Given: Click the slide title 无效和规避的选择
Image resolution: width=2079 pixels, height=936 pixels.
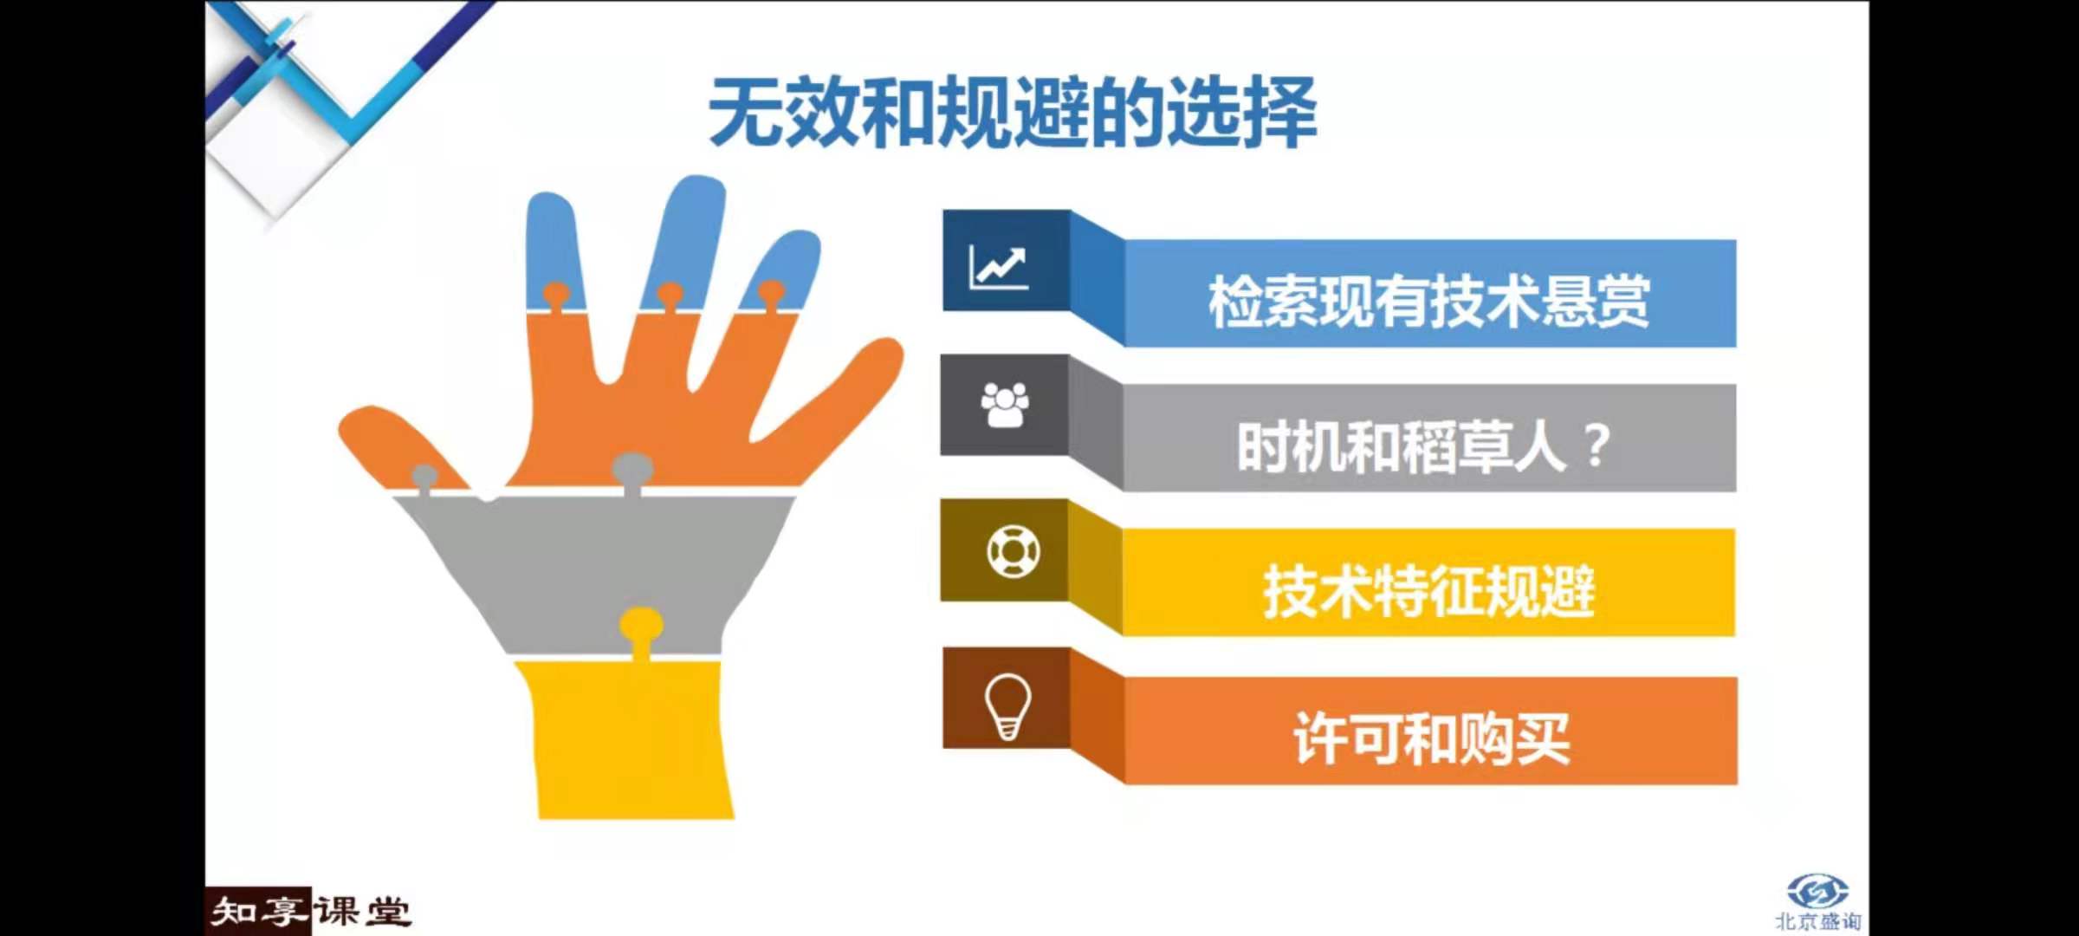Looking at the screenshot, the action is [1013, 114].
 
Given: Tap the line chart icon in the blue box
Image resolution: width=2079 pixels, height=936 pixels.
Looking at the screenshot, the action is [999, 266].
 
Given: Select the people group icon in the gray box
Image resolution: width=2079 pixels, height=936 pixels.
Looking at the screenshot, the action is [1005, 405].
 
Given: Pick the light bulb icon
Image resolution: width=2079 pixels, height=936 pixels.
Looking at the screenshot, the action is [1008, 706].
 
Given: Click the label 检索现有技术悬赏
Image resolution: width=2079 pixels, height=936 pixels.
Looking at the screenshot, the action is [1429, 302].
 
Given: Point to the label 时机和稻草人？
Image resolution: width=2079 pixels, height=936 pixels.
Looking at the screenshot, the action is [1424, 446].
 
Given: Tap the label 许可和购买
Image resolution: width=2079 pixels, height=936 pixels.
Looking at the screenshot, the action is [1431, 738].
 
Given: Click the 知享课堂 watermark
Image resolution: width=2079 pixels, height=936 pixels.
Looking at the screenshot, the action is [309, 912].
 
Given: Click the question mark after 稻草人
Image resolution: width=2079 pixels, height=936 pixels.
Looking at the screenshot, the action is [1596, 447].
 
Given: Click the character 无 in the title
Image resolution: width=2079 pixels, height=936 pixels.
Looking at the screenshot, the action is [746, 114].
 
